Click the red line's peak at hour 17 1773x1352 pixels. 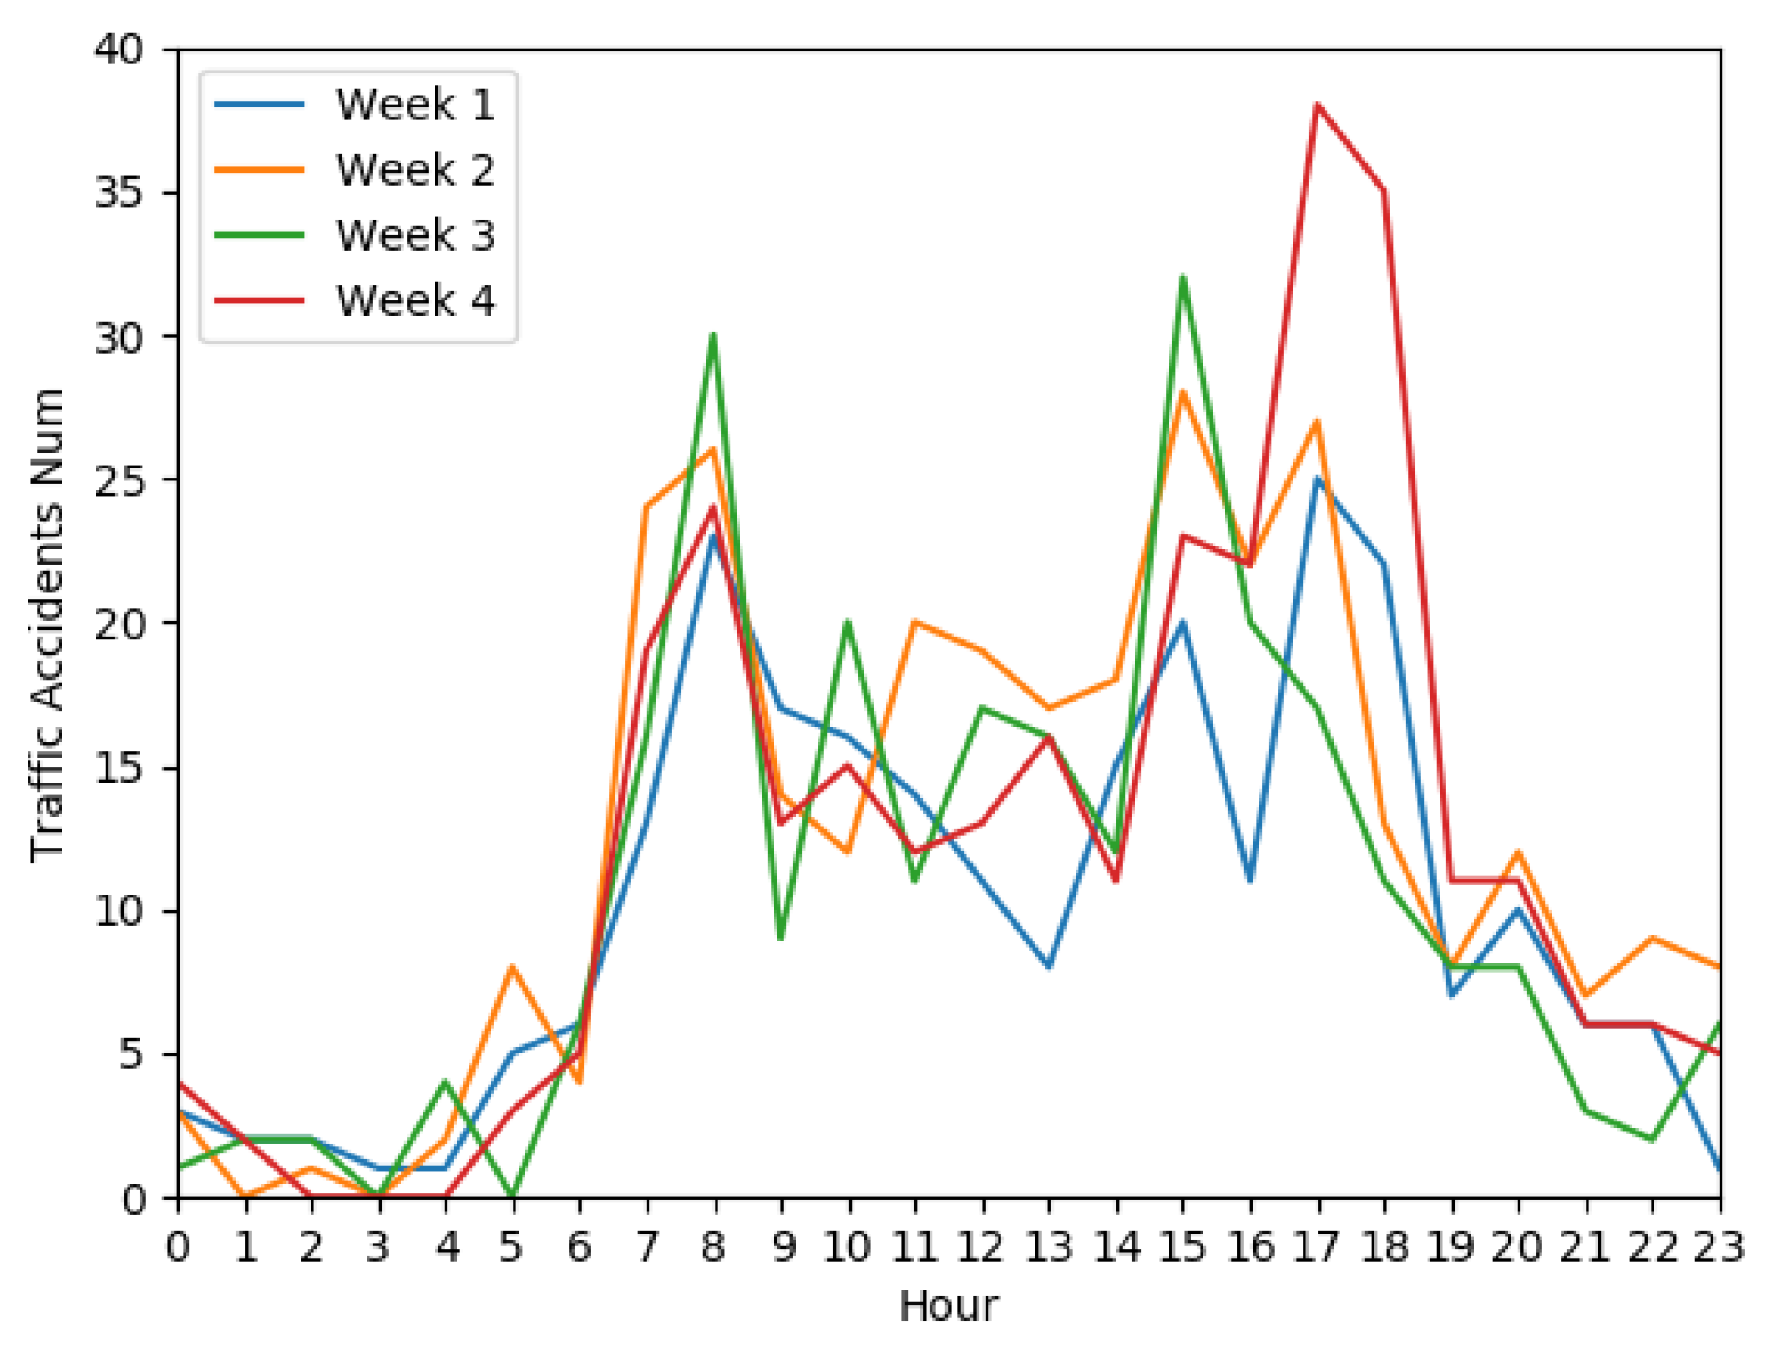pyautogui.click(x=1316, y=105)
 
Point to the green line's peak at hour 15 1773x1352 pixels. pyautogui.click(x=1183, y=276)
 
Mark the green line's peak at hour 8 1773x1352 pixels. pyautogui.click(x=714, y=334)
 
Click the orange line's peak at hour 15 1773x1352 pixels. pyautogui.click(x=1183, y=392)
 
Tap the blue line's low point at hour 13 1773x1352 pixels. pyautogui.click(x=1048, y=967)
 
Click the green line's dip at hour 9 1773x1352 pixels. pyautogui.click(x=781, y=939)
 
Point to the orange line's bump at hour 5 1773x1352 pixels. pyautogui.click(x=512, y=966)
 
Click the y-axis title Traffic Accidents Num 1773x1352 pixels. pyautogui.click(x=48, y=625)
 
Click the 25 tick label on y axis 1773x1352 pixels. pyautogui.click(x=119, y=479)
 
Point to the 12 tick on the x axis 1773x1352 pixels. pyautogui.click(x=981, y=1247)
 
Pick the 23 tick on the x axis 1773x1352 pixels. pyautogui.click(x=1718, y=1247)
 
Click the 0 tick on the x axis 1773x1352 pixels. pyautogui.click(x=178, y=1247)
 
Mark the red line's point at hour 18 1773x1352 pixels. pyautogui.click(x=1383, y=191)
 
